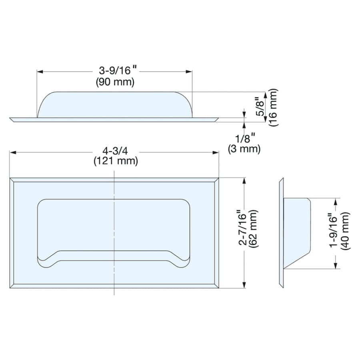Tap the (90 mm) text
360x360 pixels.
pos(115,82)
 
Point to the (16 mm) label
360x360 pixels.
pos(273,107)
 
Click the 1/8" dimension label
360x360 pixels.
pos(245,138)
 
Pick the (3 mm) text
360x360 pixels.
pos(244,149)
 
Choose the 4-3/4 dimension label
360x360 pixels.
pos(115,151)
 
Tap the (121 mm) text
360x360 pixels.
pos(116,161)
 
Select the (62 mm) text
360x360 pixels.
pos(253,228)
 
